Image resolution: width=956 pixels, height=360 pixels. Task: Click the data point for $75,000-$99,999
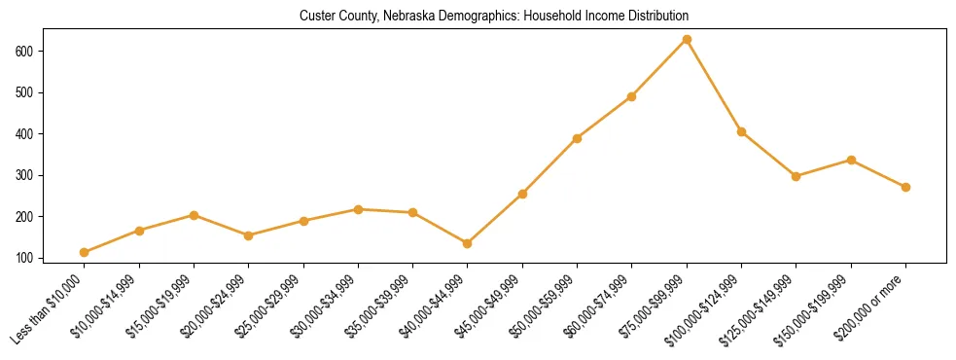pyautogui.click(x=687, y=39)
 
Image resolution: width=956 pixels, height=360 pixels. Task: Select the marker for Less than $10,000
pyautogui.click(x=85, y=253)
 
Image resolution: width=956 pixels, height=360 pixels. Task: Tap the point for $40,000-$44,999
pyautogui.click(x=468, y=243)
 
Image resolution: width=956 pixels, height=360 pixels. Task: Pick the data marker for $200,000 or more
pyautogui.click(x=905, y=187)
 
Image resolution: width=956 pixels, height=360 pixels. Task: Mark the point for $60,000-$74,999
pyautogui.click(x=632, y=96)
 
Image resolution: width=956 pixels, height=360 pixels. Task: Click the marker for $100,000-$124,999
pyautogui.click(x=741, y=131)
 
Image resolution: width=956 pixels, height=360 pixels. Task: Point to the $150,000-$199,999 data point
pyautogui.click(x=851, y=160)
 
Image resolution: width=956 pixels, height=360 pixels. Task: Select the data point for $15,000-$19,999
pyautogui.click(x=195, y=215)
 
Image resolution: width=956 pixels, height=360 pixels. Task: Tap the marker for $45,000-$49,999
pyautogui.click(x=522, y=194)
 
